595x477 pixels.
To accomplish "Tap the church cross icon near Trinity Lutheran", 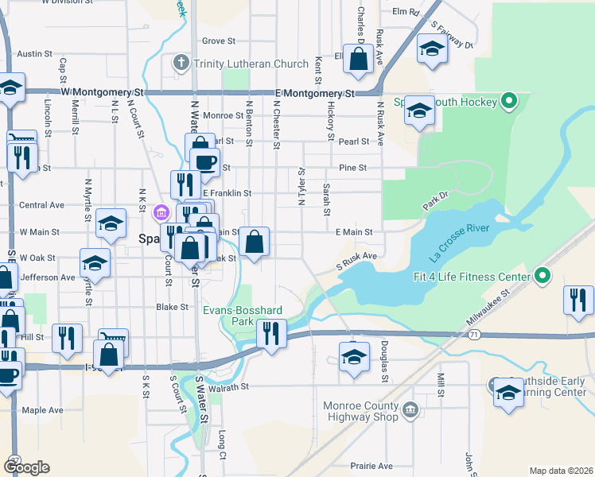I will (181, 63).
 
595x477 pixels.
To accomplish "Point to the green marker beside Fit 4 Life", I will (543, 277).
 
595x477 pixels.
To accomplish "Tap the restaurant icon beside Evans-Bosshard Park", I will (272, 334).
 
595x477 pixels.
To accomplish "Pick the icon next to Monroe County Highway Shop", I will (410, 410).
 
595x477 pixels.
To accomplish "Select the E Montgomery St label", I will (314, 93).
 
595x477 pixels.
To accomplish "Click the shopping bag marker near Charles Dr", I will (359, 58).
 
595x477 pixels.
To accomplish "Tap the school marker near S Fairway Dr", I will (432, 49).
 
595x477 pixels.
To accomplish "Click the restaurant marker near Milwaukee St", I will (578, 301).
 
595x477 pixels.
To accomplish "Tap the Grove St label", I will (219, 41).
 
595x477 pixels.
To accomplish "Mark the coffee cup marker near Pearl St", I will (207, 162).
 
